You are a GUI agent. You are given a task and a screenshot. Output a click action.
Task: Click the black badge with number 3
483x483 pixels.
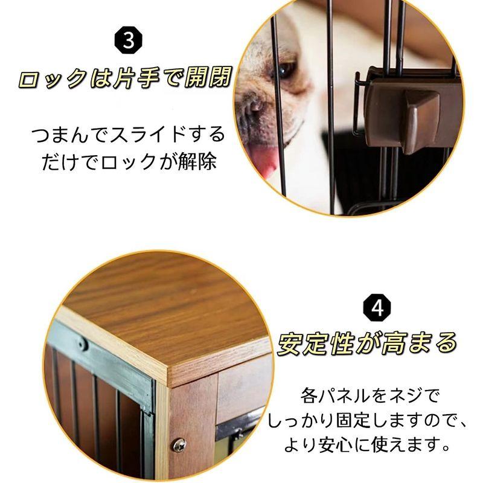[x=128, y=41]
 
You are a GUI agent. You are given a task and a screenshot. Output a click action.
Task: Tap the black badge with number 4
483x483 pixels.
[x=377, y=307]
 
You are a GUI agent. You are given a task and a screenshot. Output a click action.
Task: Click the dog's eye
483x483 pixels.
[x=285, y=70]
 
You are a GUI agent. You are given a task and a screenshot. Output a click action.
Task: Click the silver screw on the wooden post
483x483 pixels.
[x=179, y=445]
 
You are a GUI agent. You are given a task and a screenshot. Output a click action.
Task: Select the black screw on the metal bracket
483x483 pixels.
[x=82, y=344]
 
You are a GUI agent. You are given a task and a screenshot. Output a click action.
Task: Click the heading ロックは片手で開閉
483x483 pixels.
[x=125, y=78]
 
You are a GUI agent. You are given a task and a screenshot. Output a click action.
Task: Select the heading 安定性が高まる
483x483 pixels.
[x=366, y=343]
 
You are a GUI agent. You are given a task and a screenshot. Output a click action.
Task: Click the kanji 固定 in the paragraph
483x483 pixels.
[x=353, y=420]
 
